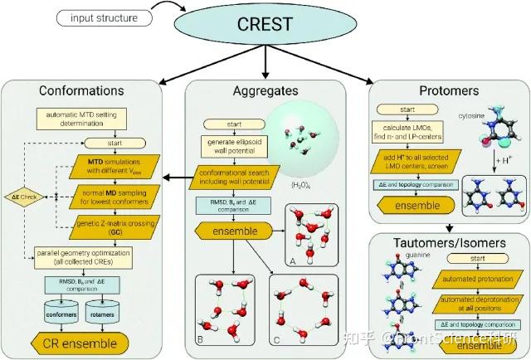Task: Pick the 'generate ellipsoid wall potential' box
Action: pyautogui.click(x=230, y=147)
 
